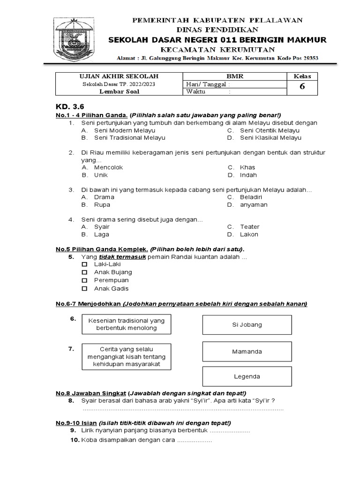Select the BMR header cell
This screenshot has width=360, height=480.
[x=235, y=76]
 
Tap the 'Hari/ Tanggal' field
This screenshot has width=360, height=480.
[x=235, y=84]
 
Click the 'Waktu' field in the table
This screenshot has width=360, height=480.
[x=235, y=92]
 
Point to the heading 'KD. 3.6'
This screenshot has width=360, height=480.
[x=69, y=106]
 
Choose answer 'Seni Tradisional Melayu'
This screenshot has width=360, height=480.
[x=129, y=138]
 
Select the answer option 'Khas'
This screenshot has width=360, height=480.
[x=247, y=167]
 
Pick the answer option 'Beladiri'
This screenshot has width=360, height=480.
[x=251, y=197]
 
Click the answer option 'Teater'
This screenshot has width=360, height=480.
[x=249, y=226]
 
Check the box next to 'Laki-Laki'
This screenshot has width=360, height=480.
[x=84, y=264]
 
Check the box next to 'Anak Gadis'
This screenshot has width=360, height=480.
[x=84, y=289]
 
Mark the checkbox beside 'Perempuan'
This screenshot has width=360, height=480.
[x=84, y=280]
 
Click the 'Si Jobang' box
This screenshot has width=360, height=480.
[x=247, y=324]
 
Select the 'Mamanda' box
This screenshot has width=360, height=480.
[x=247, y=351]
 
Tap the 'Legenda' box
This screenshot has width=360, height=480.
[x=247, y=376]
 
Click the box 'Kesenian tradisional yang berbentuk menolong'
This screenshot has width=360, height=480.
[x=126, y=324]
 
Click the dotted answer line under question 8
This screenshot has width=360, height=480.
[x=183, y=409]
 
